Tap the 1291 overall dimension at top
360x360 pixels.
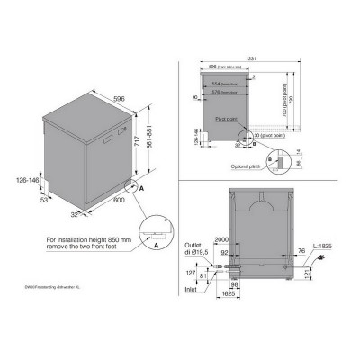coord(252,58)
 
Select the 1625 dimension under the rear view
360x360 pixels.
coord(229,293)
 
